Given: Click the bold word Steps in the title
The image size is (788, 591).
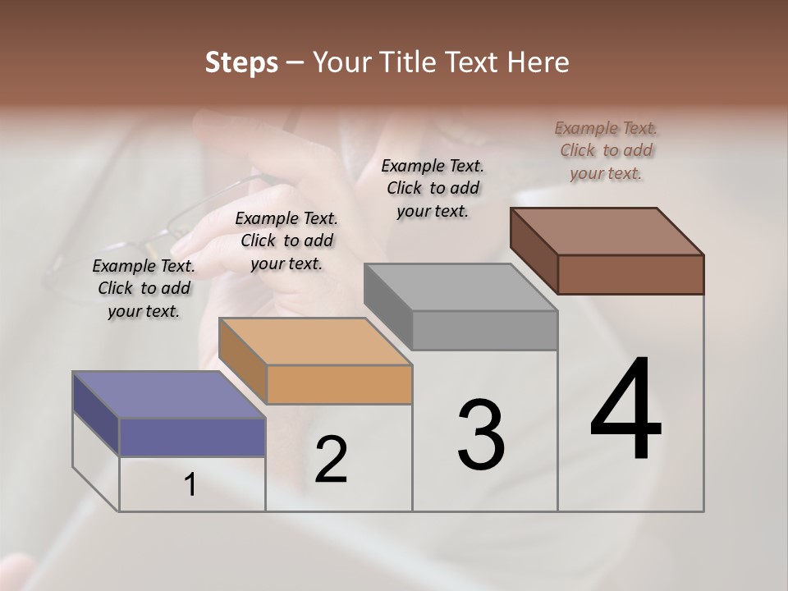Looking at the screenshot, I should [x=241, y=62].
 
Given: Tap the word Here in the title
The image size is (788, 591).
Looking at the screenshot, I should [x=538, y=62].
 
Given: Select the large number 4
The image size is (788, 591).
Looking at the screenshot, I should [x=625, y=410].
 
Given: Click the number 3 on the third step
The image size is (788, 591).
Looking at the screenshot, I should [x=481, y=435].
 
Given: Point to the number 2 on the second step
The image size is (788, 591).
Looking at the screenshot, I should [x=332, y=460].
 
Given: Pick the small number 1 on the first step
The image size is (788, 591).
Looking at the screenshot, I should [x=190, y=486].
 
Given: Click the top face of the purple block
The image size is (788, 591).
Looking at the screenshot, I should [x=168, y=395].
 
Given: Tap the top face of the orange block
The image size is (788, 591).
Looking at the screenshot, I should [x=314, y=341].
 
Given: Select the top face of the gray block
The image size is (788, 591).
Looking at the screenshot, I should [x=460, y=287].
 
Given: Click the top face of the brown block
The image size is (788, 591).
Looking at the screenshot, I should [x=607, y=231].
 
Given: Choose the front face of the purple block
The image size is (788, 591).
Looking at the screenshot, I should [x=192, y=437].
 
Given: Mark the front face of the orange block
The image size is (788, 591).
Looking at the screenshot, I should [x=339, y=384].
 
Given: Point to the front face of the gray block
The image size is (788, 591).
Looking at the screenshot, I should [x=484, y=330].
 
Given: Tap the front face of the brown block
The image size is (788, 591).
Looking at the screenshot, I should [x=630, y=274].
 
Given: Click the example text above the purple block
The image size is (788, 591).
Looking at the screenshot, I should [x=144, y=288].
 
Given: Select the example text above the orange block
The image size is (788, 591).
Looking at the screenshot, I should [x=286, y=241].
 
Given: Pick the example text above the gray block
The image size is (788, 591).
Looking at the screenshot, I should [x=433, y=188].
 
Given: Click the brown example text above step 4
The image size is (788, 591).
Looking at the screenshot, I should [x=606, y=150].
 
